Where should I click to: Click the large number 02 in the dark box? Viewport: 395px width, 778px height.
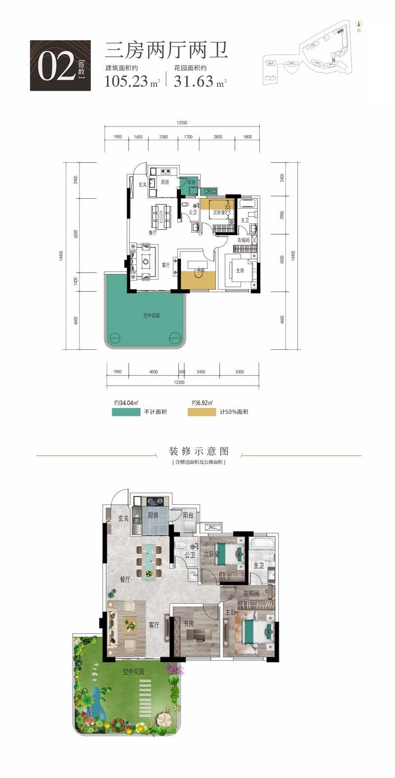click(x=56, y=68)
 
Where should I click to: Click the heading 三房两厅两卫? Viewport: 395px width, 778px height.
click(x=166, y=51)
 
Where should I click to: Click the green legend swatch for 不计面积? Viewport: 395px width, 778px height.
click(x=126, y=412)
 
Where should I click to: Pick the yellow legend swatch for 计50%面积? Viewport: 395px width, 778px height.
click(x=201, y=412)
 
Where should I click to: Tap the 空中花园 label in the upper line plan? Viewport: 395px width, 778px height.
click(x=152, y=315)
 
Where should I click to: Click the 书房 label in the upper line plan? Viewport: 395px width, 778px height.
click(x=200, y=271)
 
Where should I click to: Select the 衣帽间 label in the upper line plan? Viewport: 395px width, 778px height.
click(x=243, y=240)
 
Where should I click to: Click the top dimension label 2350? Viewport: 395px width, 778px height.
click(x=163, y=137)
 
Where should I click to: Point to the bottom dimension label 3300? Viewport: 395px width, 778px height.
click(x=239, y=371)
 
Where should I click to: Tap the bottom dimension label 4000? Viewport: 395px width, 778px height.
click(x=153, y=371)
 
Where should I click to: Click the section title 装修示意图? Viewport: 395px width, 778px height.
click(x=198, y=451)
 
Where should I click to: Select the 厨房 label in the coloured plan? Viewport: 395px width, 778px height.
click(x=153, y=515)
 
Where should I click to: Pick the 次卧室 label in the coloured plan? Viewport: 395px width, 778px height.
click(x=211, y=555)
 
